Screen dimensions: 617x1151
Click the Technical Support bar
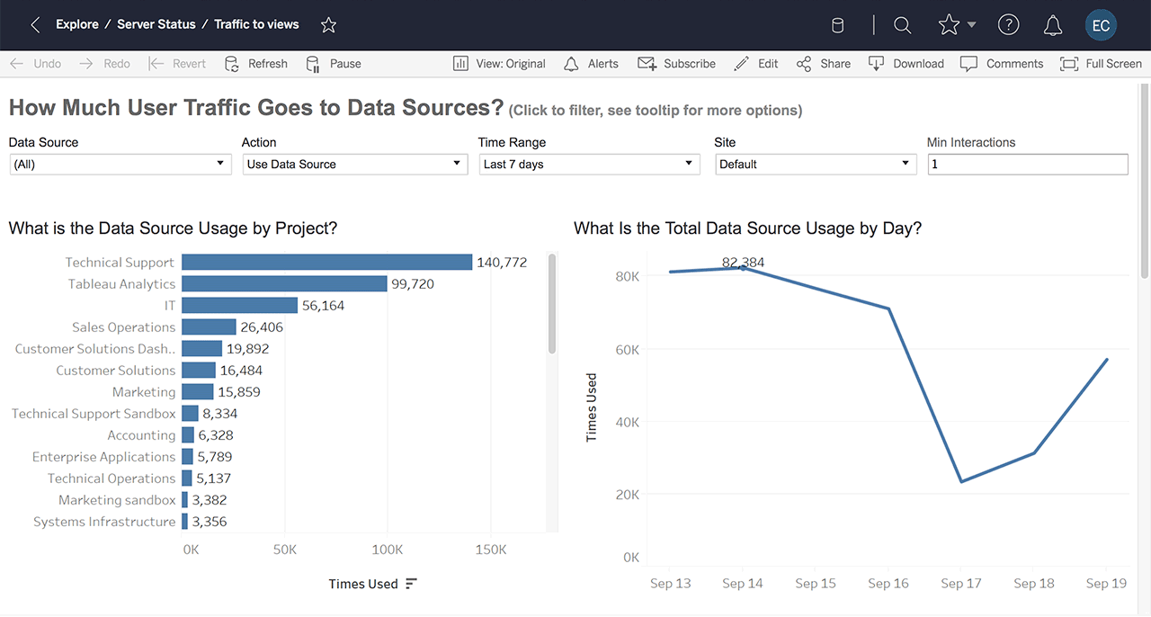[326, 263]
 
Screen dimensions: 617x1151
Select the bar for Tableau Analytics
[284, 284]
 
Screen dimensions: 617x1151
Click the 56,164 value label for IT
[323, 306]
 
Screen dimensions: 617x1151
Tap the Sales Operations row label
[123, 327]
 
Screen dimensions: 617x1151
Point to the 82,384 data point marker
[743, 268]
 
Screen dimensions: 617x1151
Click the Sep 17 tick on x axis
[961, 584]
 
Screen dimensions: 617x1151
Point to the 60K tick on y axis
[627, 350]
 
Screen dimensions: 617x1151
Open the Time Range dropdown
[589, 165]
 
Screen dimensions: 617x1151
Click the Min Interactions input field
[1027, 165]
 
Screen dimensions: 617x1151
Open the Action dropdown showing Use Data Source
[354, 165]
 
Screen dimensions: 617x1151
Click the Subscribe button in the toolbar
[677, 64]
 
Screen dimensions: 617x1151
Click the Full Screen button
[1101, 64]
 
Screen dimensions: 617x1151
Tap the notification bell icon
[1053, 26]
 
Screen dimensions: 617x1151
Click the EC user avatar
[1101, 26]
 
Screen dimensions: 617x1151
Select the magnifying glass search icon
[903, 26]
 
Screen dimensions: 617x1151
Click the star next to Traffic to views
[328, 25]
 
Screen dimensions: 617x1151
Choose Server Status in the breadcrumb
[156, 24]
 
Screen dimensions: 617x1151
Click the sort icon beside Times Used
[411, 584]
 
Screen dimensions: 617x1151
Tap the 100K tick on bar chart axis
[388, 550]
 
